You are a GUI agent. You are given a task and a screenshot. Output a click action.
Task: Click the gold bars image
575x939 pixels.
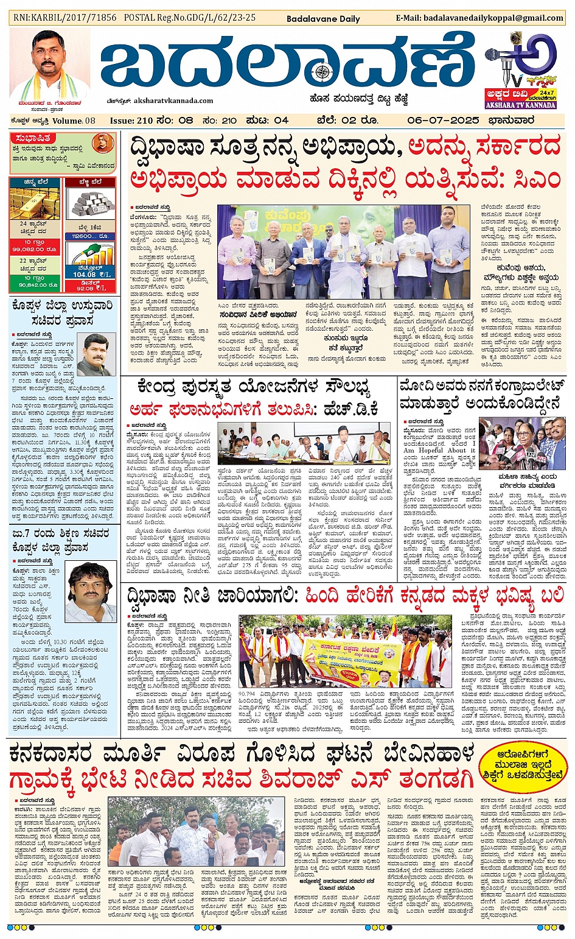pyautogui.click(x=35, y=205)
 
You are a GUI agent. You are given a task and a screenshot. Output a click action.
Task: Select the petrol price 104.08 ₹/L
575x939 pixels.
pyautogui.click(x=91, y=275)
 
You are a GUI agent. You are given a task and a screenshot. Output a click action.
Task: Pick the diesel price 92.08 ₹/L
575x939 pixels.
pyautogui.click(x=90, y=287)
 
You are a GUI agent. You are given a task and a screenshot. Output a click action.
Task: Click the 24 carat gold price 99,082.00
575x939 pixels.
pyautogui.click(x=35, y=250)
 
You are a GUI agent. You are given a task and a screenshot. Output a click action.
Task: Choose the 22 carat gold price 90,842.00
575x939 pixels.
pyautogui.click(x=35, y=284)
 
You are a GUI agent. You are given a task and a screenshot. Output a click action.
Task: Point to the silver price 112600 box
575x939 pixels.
pyautogui.click(x=90, y=236)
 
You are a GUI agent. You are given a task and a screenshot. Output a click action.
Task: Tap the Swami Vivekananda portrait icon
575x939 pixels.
pyautogui.click(x=103, y=143)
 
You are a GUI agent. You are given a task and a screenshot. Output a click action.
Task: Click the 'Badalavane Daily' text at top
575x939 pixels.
pyautogui.click(x=323, y=19)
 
